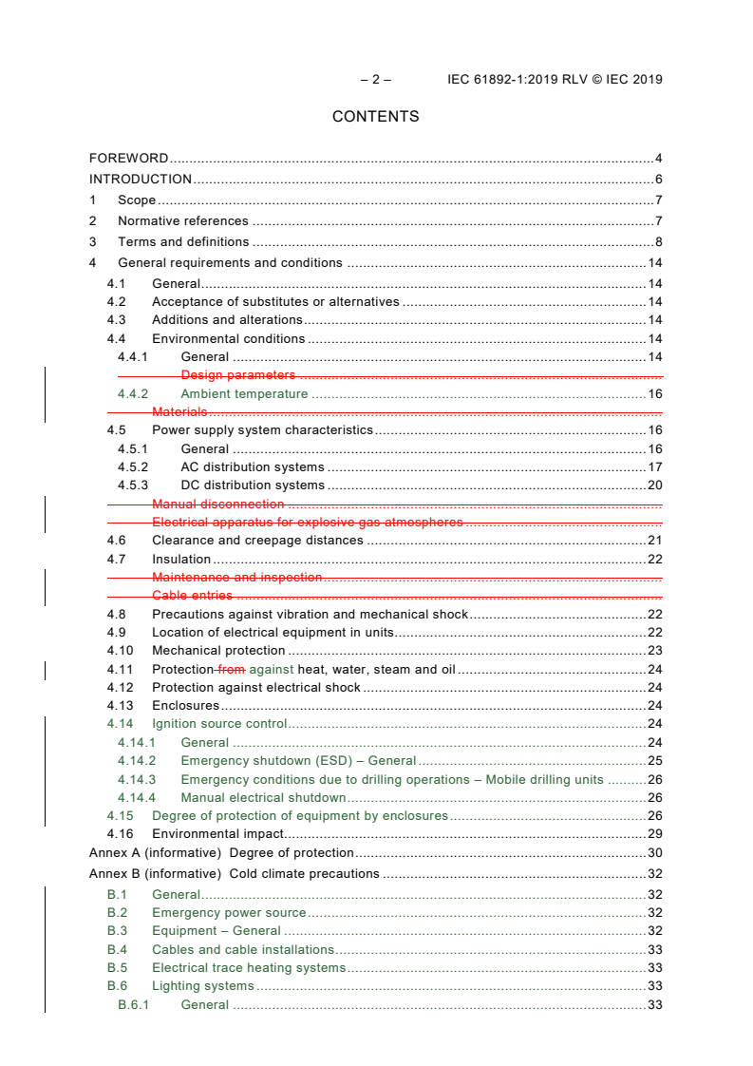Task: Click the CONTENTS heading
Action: coord(375,117)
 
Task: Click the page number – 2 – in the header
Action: coord(375,80)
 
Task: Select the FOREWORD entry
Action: coord(128,159)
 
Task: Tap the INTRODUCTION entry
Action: coord(141,180)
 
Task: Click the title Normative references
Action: coord(183,221)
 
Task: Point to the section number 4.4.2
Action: coord(133,394)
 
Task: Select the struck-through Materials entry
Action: coord(179,412)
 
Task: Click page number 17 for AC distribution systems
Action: coord(654,467)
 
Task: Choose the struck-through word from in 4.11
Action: coord(231,670)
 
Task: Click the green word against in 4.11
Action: coord(272,670)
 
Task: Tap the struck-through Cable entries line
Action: coord(192,596)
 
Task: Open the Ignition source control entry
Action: coord(219,724)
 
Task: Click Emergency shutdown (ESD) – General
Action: coord(298,761)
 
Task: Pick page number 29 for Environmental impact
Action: coord(654,833)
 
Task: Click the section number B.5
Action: coord(117,968)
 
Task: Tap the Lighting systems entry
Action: coord(202,986)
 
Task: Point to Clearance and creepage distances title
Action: coord(257,541)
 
